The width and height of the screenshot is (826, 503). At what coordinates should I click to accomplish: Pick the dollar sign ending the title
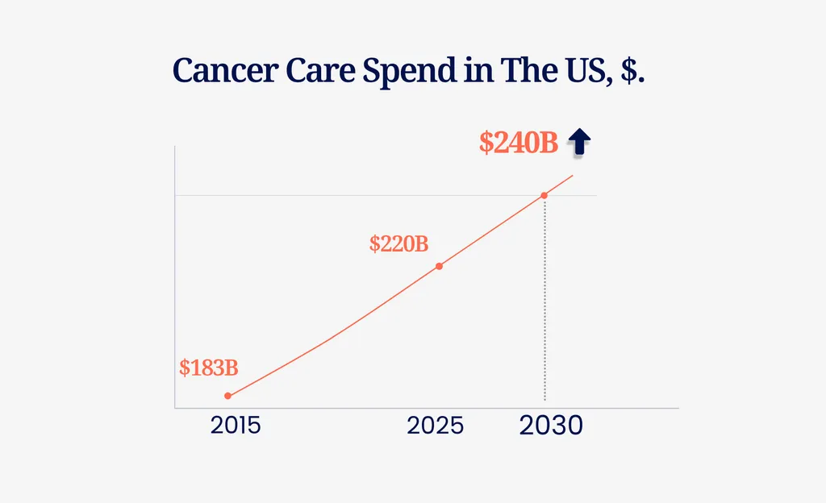[633, 72]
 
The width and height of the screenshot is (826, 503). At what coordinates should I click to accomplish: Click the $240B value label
[519, 143]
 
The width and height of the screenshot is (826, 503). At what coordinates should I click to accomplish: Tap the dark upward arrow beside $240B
[579, 142]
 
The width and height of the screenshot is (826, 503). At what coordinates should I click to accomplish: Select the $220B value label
[398, 243]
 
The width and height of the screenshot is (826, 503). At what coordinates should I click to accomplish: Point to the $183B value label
[209, 368]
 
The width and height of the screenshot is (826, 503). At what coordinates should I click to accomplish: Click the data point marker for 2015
[227, 396]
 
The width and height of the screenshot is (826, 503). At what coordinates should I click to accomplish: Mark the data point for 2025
[439, 266]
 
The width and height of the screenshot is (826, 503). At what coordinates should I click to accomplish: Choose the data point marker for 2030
[544, 195]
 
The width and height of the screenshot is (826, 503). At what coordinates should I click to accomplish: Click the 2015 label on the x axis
[236, 426]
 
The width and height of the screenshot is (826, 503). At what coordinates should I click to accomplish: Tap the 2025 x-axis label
[436, 426]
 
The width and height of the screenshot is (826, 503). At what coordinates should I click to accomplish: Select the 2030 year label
[551, 426]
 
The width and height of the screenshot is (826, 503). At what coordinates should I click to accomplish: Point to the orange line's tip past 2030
[573, 175]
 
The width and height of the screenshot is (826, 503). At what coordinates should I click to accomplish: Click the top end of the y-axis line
[175, 148]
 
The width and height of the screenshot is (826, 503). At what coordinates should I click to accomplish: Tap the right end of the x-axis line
[678, 409]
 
